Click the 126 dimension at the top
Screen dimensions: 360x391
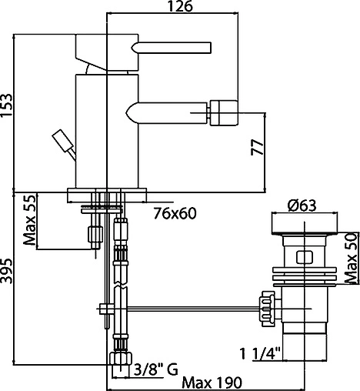coord(179,6)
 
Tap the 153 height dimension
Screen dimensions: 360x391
coord(6,106)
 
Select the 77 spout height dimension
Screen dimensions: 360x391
coord(257,147)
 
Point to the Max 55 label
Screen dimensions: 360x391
coord(29,220)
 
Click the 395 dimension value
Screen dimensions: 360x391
coord(6,271)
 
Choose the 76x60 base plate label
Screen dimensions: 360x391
coord(175,213)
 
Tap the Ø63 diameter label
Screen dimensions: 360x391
coord(302,206)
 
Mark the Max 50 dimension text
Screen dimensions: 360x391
coord(351,258)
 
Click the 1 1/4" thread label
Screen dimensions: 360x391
coord(260,354)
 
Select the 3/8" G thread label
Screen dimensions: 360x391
coord(156,370)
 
